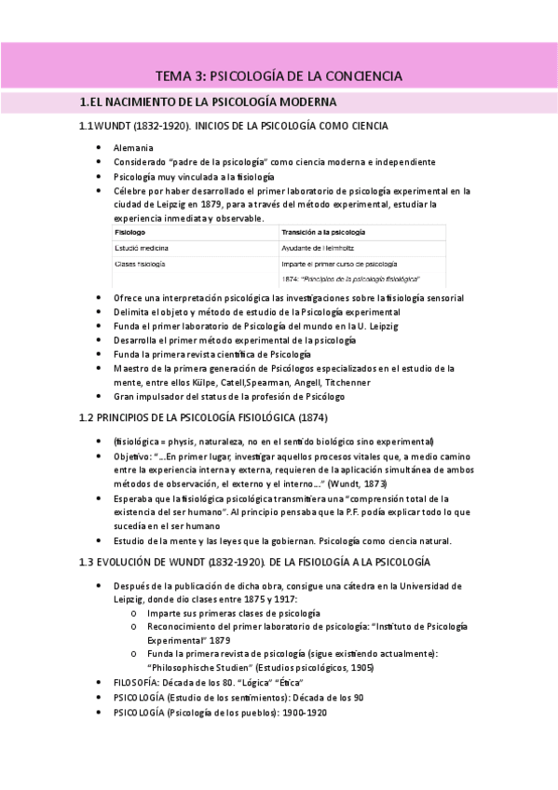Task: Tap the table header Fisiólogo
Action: pos(129,230)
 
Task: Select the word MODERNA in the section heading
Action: pos(303,102)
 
